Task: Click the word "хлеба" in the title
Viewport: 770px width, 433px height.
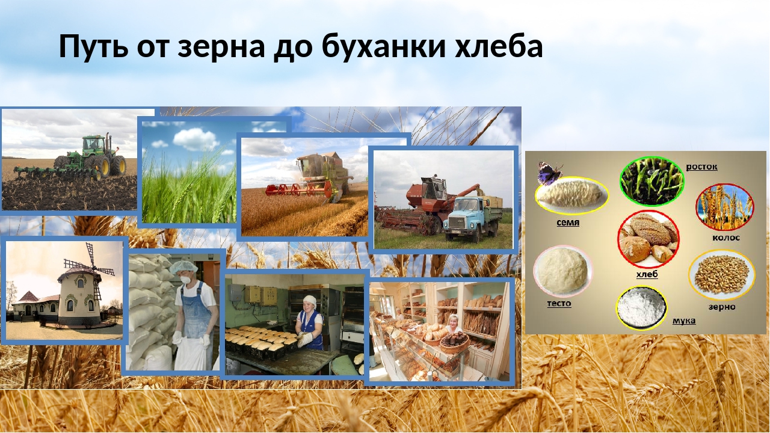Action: [x=499, y=46]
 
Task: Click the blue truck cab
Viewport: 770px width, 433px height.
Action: [x=464, y=212]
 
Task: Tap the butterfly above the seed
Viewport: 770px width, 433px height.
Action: [x=550, y=172]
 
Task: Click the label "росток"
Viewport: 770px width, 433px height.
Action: [x=701, y=167]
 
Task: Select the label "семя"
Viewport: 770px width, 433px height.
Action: [x=568, y=223]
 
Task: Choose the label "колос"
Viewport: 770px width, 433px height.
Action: [x=725, y=238]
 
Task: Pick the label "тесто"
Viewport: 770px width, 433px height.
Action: [x=559, y=304]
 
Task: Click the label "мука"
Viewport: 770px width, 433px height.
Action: [x=684, y=321]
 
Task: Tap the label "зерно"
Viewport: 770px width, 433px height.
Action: [x=721, y=307]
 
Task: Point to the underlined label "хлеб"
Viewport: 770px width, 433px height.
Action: [x=647, y=274]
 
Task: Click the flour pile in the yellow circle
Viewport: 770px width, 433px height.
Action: [x=641, y=307]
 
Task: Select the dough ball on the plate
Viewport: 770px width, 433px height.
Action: [x=562, y=271]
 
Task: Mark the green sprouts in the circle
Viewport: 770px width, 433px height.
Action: [x=651, y=181]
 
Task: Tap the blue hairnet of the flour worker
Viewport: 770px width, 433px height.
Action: [x=184, y=266]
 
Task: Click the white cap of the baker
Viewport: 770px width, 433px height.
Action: [x=309, y=299]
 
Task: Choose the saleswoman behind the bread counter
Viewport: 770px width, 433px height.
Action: [x=454, y=325]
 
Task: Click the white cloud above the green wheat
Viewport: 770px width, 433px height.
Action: [x=196, y=139]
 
